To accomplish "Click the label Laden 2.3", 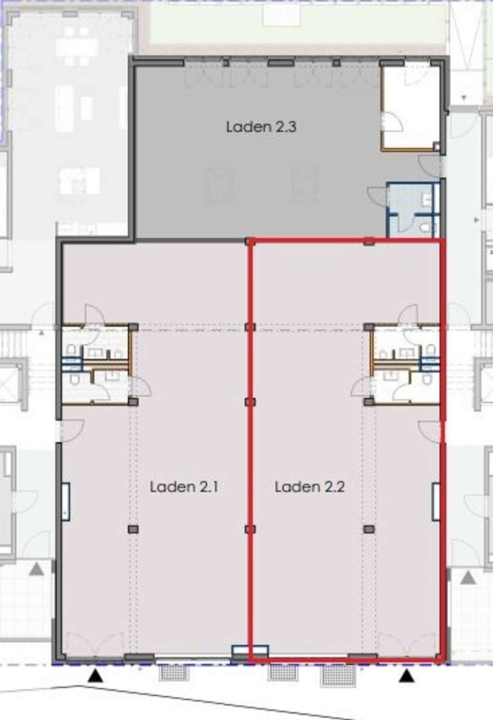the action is (261, 126).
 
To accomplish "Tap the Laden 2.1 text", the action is (184, 486).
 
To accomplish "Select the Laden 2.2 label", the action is (310, 486).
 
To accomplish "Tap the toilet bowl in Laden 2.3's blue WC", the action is (426, 227).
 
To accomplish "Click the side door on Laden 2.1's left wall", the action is (71, 430).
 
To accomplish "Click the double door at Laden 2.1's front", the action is (95, 641).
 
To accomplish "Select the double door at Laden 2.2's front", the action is (407, 641).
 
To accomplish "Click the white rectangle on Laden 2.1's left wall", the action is (65, 501).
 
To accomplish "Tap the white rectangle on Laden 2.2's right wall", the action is (436, 501).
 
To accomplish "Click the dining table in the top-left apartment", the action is (77, 47).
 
